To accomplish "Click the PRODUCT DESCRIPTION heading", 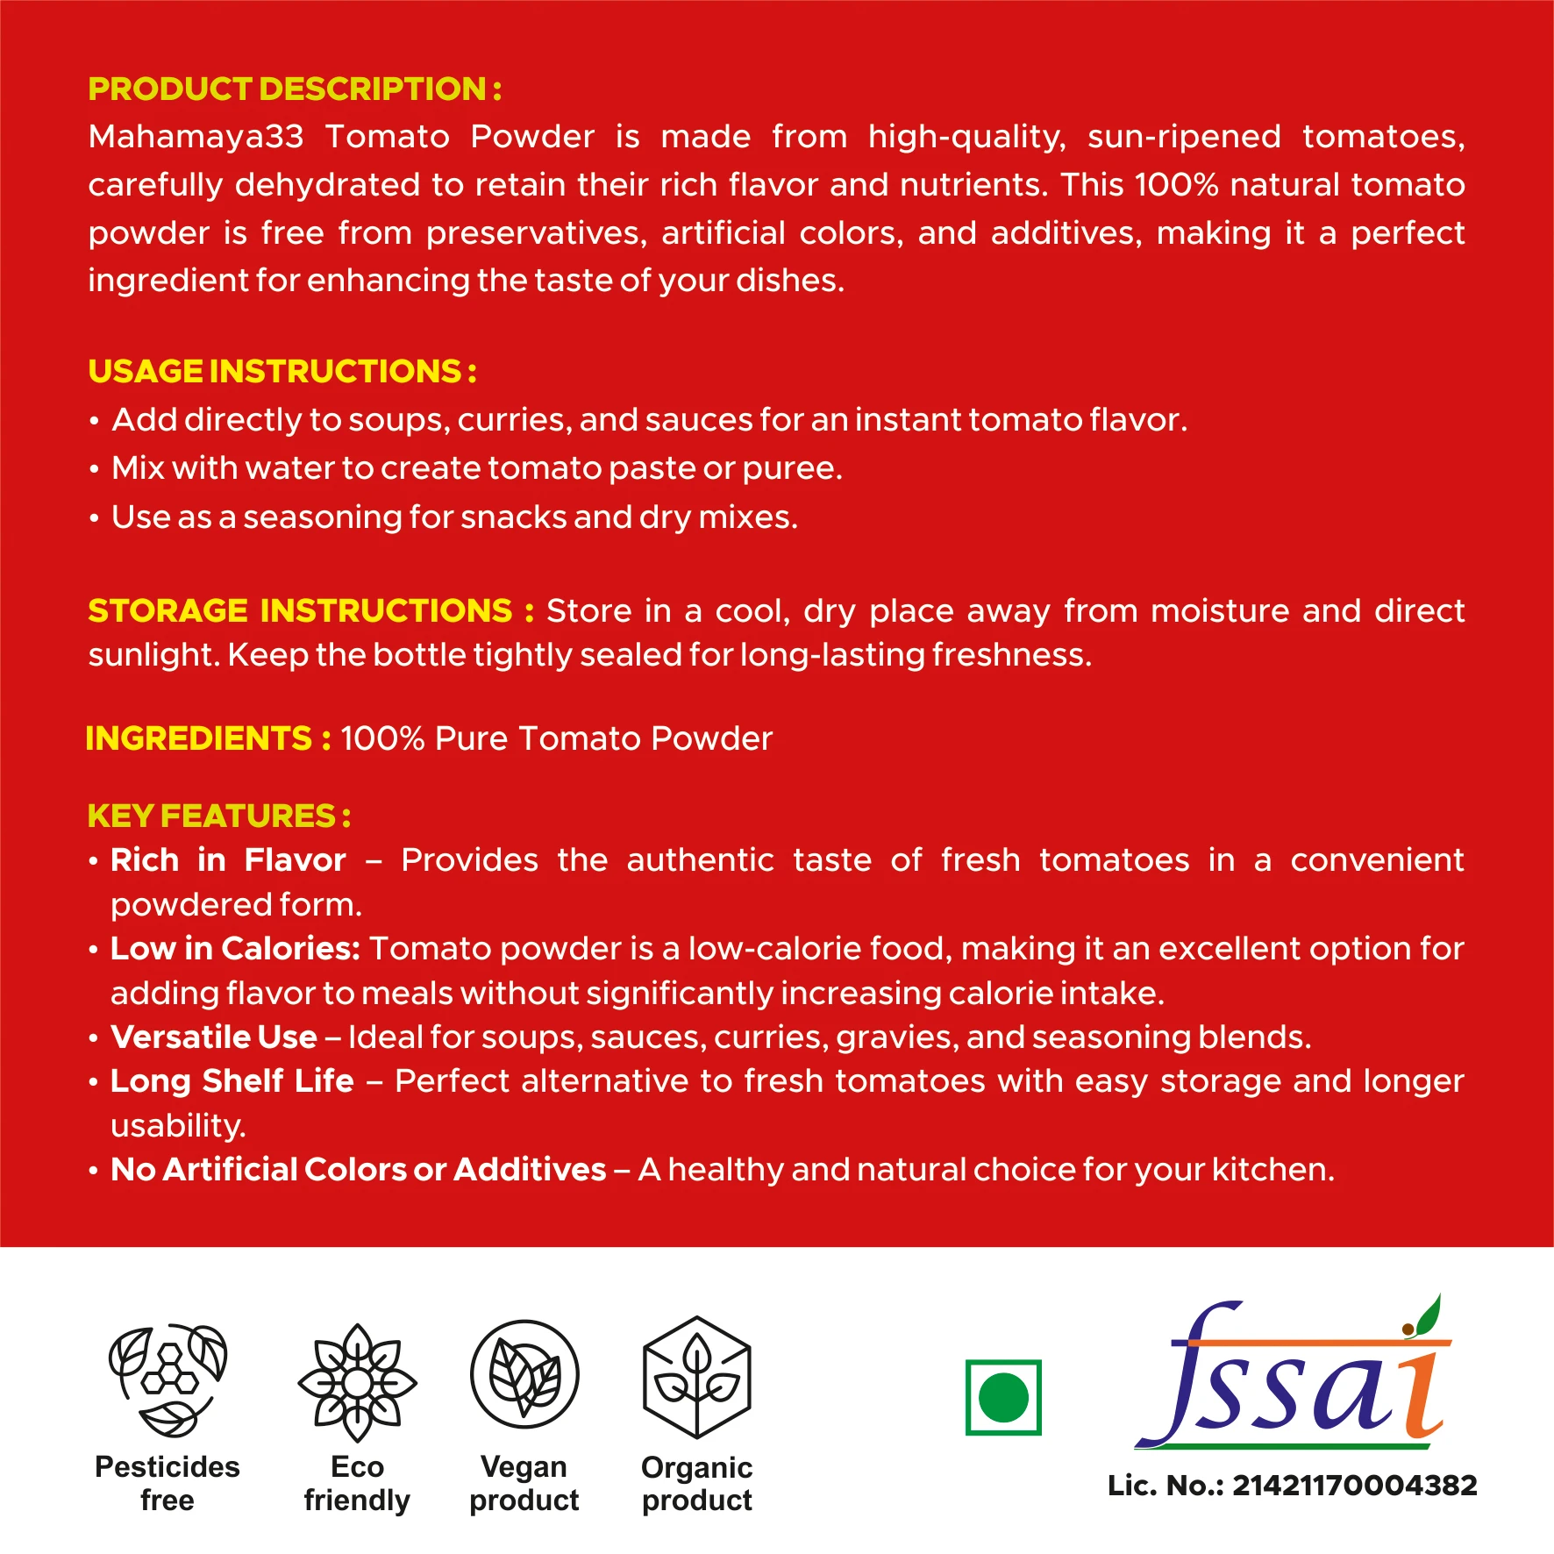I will coord(295,89).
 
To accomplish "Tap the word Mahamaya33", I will coord(196,137).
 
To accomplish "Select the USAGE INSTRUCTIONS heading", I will coord(282,371).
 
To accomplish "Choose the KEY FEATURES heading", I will coord(218,816).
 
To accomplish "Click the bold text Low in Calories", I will coord(235,948).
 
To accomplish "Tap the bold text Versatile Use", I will coord(214,1037).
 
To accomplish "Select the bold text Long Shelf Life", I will coord(232,1080).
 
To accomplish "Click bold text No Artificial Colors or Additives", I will coord(359,1169).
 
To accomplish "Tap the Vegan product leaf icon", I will coord(524,1374).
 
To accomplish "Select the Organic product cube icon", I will coord(697,1377).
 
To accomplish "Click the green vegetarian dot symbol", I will coord(1003,1397).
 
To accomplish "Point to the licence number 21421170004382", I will coord(1354,1485).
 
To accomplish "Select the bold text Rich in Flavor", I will coord(228,860).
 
